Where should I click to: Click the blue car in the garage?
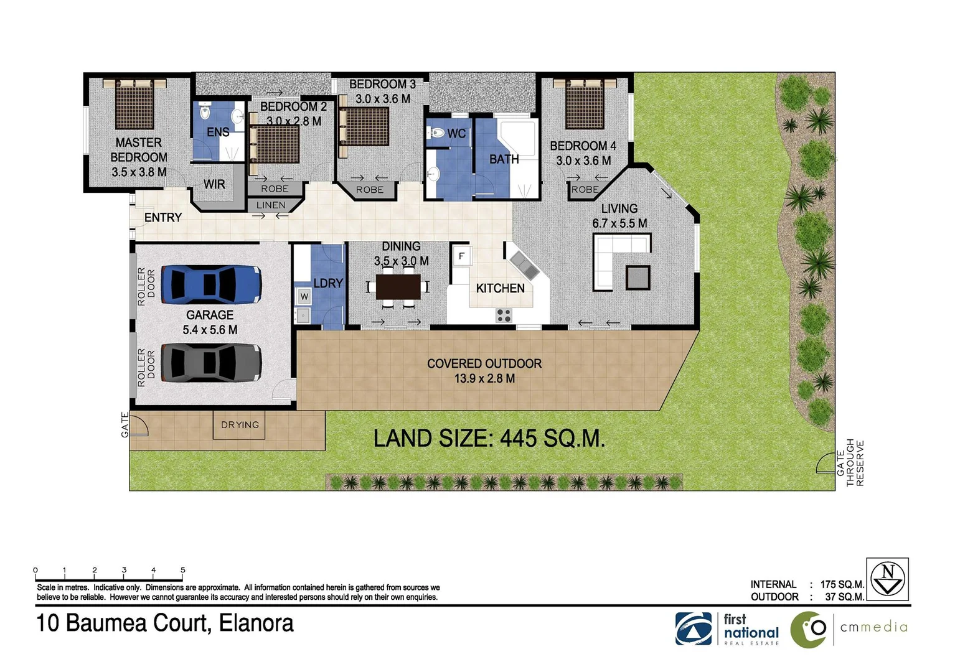pyautogui.click(x=211, y=284)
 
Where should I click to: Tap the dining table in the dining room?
pyautogui.click(x=398, y=287)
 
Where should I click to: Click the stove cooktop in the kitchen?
pyautogui.click(x=504, y=315)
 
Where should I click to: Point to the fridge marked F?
pyautogui.click(x=461, y=256)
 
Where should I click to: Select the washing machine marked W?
pyautogui.click(x=304, y=297)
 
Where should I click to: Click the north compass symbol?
pyautogui.click(x=887, y=579)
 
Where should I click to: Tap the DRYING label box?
pyautogui.click(x=240, y=425)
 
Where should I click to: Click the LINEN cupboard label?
pyautogui.click(x=271, y=205)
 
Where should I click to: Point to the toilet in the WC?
pyautogui.click(x=437, y=133)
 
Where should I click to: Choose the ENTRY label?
pyautogui.click(x=163, y=218)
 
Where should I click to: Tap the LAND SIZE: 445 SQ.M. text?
pyautogui.click(x=489, y=439)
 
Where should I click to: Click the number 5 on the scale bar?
pyautogui.click(x=183, y=570)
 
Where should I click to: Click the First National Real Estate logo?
pyautogui.click(x=727, y=629)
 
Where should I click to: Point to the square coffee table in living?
pyautogui.click(x=638, y=278)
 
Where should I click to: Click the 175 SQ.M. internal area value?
pyautogui.click(x=842, y=584)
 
